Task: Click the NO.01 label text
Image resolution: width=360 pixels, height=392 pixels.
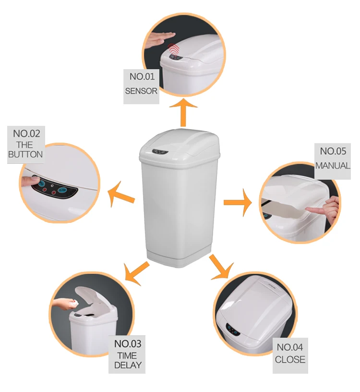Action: (141, 76)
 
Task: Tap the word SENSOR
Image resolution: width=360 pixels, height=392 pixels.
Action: (141, 90)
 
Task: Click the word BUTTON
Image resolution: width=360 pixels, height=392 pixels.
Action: (25, 155)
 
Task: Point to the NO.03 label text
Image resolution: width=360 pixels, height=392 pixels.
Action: (128, 344)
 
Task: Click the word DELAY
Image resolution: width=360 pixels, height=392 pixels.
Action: (128, 365)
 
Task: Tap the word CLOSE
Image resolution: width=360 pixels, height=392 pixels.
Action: (290, 359)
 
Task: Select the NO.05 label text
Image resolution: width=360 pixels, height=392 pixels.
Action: (333, 151)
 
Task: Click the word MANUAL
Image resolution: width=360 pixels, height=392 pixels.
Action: (333, 165)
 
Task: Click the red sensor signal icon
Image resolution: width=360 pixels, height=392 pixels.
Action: (173, 49)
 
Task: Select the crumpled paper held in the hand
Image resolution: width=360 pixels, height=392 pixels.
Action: (73, 301)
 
